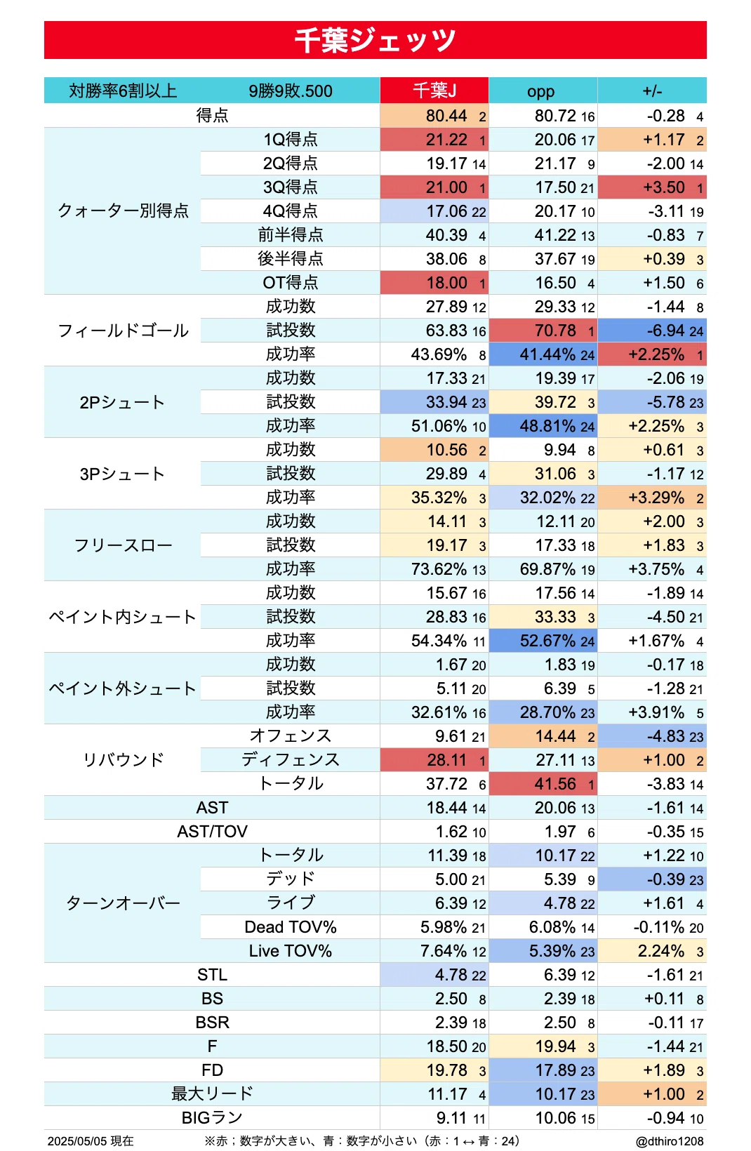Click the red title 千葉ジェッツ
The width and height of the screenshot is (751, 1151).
[x=375, y=40]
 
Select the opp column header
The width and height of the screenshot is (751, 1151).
[x=540, y=91]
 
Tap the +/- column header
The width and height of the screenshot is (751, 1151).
[x=652, y=91]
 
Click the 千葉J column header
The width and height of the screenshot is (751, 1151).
[x=434, y=91]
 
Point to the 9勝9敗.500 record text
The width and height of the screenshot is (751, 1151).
[x=291, y=91]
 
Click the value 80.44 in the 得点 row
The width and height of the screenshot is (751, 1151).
[x=446, y=116]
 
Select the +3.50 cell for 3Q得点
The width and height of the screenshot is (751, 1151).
[x=663, y=187]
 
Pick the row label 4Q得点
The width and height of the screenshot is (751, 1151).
[x=291, y=211]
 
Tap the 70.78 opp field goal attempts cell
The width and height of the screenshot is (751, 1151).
[x=555, y=331]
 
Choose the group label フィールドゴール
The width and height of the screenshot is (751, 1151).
[x=124, y=331]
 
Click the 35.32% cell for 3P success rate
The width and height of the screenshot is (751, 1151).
[x=439, y=498]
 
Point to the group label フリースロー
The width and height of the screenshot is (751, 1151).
[x=124, y=545]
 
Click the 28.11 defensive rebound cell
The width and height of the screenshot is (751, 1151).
[x=446, y=760]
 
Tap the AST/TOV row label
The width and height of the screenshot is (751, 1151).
[x=212, y=832]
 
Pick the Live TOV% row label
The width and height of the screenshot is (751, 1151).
[x=291, y=950]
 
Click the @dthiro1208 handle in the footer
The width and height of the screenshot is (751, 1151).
[x=670, y=1140]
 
